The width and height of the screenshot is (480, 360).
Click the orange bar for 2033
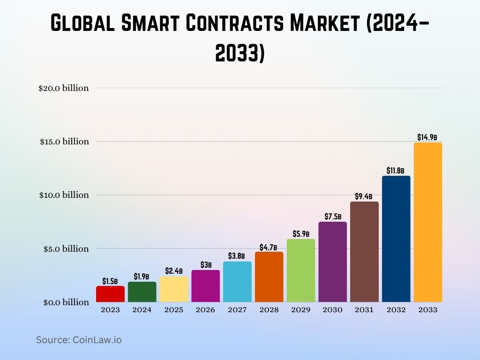click(427, 223)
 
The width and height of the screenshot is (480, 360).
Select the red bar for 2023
click(110, 294)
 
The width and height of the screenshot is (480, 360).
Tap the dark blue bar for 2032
click(396, 239)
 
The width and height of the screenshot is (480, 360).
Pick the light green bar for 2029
click(301, 270)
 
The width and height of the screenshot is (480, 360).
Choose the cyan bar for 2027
click(237, 282)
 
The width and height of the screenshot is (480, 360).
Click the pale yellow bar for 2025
click(174, 289)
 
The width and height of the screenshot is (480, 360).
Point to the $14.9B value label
click(427, 137)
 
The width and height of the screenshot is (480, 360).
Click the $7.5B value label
click(332, 217)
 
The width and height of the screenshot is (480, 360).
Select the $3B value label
click(206, 265)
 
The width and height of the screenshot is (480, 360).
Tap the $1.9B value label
click(142, 277)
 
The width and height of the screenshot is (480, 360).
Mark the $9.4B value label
click(364, 196)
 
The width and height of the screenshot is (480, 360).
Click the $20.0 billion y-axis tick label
click(64, 88)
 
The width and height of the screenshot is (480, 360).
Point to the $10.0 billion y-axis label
click(64, 195)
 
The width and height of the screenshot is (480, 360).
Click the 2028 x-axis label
click(269, 310)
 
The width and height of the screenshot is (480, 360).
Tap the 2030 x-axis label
click(332, 310)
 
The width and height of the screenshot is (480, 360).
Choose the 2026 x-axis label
click(206, 310)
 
